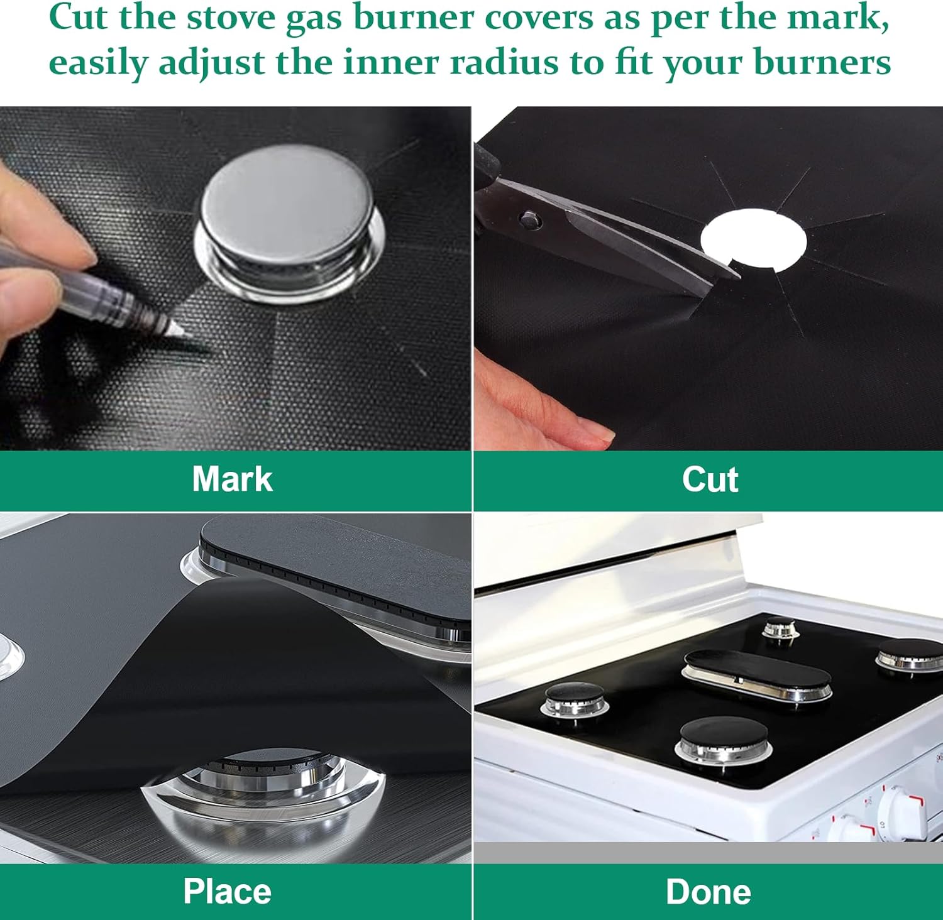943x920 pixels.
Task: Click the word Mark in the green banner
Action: tap(233, 479)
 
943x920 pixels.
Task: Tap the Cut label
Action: tap(710, 479)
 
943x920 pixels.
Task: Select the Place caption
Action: tap(227, 891)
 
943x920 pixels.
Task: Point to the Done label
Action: tap(709, 892)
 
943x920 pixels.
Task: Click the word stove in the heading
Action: tap(232, 17)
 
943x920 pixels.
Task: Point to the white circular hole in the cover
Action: tap(753, 240)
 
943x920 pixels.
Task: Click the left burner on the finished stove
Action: tap(575, 698)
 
